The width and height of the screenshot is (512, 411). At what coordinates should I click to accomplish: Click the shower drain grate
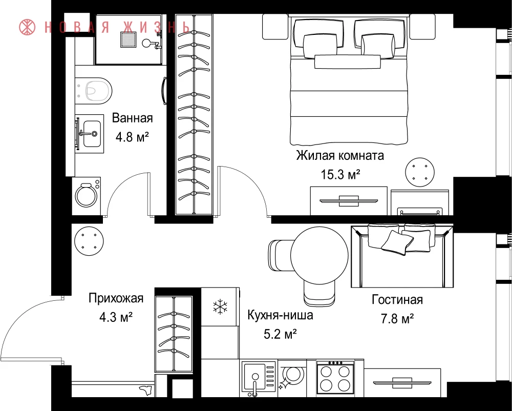(129, 39)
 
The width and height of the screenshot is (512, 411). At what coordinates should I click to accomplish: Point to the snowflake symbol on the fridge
(220, 306)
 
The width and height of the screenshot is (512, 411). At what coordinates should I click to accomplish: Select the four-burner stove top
(335, 378)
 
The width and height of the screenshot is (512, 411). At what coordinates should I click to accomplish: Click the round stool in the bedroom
(420, 172)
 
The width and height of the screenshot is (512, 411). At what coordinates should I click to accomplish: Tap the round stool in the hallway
(89, 241)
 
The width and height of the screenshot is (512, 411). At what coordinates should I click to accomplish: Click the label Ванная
(132, 118)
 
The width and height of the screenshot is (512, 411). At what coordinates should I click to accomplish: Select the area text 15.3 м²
(340, 174)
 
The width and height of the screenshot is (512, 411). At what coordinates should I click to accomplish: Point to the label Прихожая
(116, 298)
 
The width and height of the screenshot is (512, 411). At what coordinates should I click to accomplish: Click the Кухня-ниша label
(280, 315)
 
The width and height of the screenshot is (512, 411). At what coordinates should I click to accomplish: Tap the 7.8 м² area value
(397, 318)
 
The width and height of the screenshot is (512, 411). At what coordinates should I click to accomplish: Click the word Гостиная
(397, 300)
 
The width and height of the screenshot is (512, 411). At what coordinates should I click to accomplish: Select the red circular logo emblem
(27, 27)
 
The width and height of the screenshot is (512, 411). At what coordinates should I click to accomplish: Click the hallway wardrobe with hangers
(174, 334)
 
